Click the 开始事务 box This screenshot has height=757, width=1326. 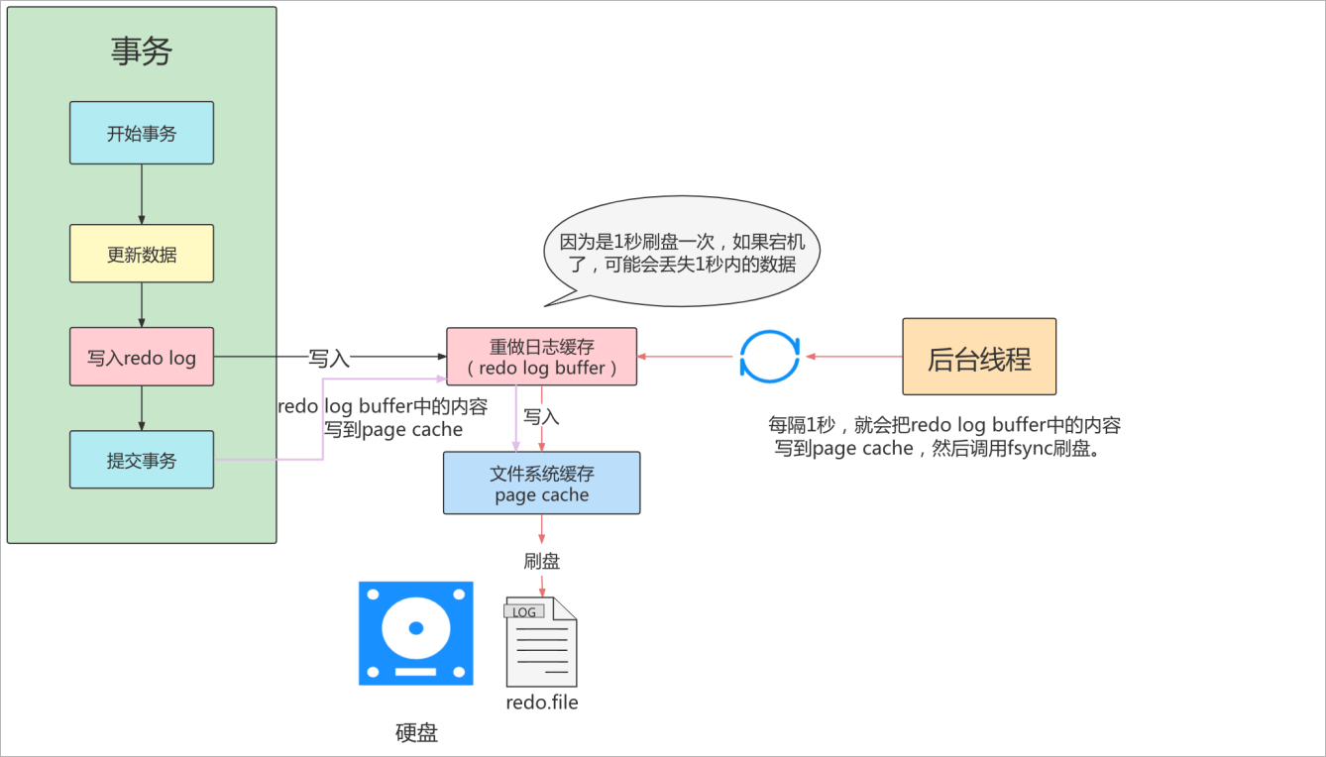tap(142, 133)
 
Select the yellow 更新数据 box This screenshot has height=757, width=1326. tap(142, 254)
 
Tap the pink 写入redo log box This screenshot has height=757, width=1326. tap(142, 357)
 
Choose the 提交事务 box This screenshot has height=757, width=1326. tap(142, 460)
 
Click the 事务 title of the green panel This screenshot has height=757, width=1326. tap(142, 52)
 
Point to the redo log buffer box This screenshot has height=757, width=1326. tap(541, 357)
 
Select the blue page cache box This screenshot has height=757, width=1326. tap(541, 484)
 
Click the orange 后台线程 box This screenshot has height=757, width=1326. tap(979, 357)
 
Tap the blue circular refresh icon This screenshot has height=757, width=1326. tap(769, 357)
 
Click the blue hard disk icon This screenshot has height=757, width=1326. tap(416, 633)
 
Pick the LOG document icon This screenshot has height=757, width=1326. tap(541, 642)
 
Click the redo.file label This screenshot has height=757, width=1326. tap(541, 703)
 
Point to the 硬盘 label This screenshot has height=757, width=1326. tap(416, 733)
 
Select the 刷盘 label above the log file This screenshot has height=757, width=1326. tap(541, 562)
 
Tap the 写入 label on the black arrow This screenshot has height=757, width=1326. tap(329, 358)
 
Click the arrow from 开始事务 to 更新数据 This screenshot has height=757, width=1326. tap(142, 194)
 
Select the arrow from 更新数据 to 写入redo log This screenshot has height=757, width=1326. tap(142, 305)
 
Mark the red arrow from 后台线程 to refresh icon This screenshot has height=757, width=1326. tap(852, 357)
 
